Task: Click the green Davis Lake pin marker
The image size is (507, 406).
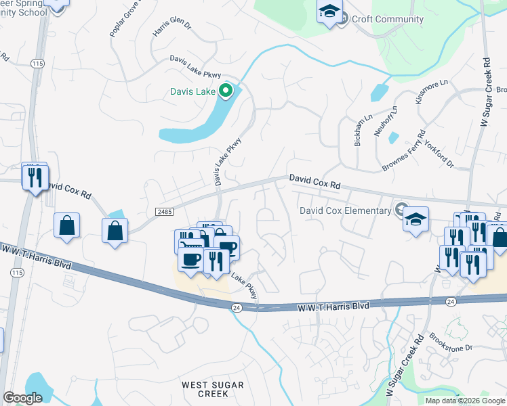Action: click(226, 91)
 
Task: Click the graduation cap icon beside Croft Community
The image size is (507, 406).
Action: click(329, 12)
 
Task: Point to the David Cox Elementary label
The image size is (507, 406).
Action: click(346, 210)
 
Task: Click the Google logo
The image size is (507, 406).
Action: click(23, 398)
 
